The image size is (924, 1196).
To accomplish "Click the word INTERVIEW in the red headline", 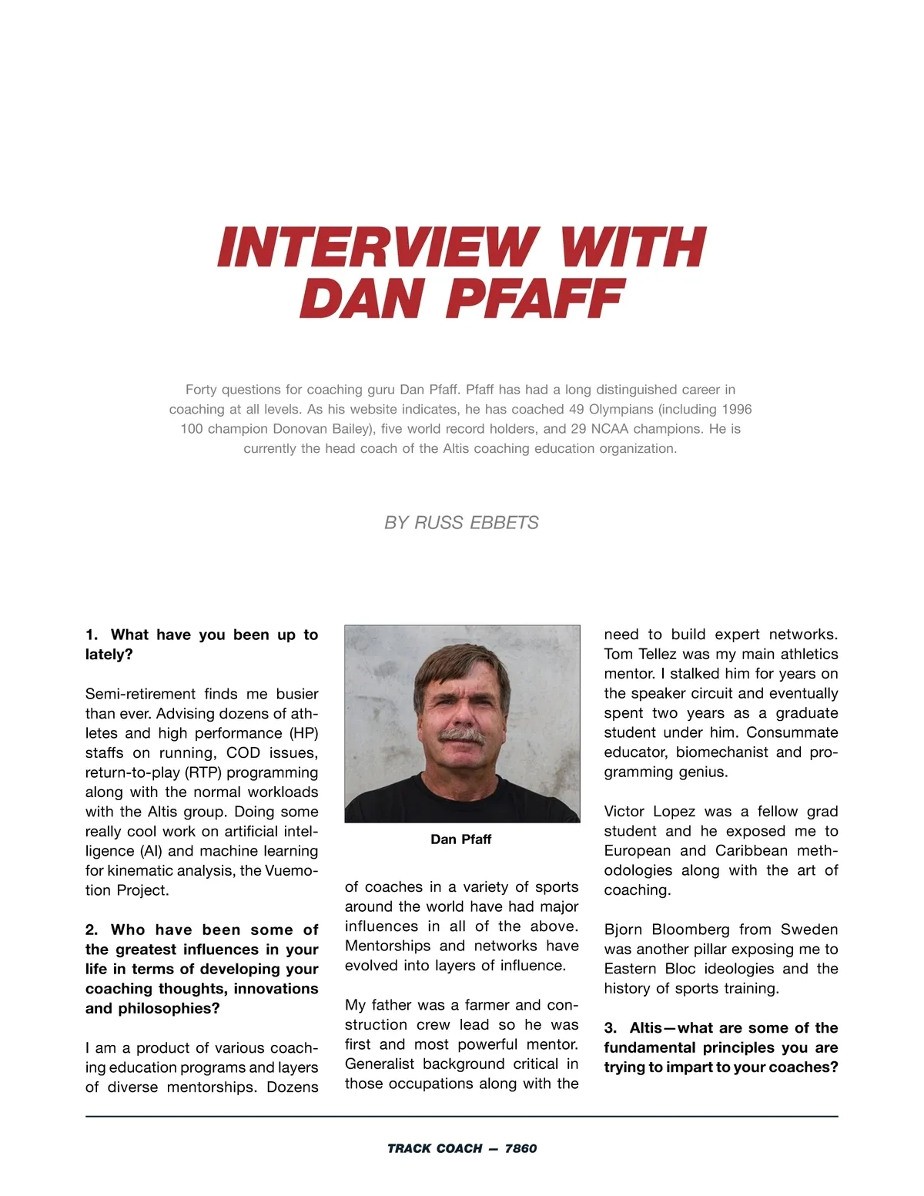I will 376,248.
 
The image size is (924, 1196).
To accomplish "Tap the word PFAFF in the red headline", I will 534,300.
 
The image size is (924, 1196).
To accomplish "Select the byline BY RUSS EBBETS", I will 461,523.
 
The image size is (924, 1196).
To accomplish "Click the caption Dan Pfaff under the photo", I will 460,839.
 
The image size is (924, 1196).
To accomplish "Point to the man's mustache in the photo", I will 461,735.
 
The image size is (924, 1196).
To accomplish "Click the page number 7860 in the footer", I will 521,1148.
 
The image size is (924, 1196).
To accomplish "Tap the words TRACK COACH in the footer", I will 434,1148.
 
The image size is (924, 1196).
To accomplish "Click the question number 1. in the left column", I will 92,635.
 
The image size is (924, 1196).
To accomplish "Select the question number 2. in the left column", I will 92,930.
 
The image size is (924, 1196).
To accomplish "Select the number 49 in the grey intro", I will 577,410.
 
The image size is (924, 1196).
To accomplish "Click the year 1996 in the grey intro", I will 736,410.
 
